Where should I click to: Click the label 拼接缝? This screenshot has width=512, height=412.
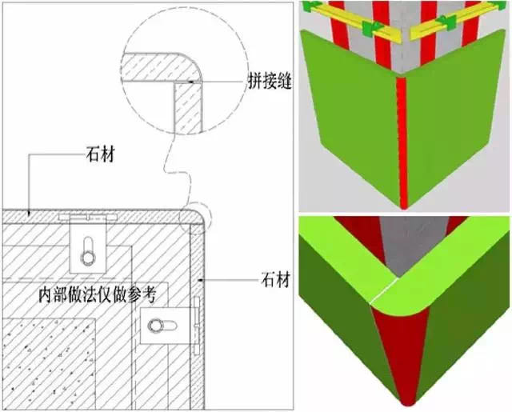270,80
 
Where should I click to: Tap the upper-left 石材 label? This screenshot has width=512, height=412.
101,154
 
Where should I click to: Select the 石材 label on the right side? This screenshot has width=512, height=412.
275,280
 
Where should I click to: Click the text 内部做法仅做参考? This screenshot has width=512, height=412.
98,295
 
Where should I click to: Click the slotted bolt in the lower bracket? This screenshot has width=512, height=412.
162,326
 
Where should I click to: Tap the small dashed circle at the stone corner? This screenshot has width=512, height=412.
196,218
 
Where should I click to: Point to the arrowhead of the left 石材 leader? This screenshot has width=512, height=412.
30,213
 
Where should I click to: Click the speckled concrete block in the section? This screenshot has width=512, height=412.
49,362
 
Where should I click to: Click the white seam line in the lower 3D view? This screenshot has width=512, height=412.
384,290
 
